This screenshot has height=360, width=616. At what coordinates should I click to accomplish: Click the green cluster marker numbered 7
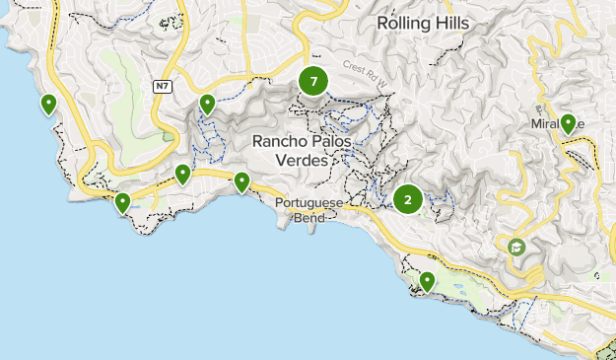313,82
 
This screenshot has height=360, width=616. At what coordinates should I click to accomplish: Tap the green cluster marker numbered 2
408,200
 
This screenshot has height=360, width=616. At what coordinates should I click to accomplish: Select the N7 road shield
163,87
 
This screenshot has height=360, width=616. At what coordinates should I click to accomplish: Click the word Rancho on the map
277,141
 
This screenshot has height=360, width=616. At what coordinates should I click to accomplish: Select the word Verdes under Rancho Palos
303,159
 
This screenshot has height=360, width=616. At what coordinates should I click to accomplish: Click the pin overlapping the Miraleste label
568,123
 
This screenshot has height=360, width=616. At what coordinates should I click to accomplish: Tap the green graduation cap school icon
516,247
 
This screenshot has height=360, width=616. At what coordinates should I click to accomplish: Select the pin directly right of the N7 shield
207,104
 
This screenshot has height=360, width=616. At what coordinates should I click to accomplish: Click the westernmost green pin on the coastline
47,104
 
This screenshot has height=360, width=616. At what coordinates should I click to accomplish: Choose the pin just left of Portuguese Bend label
241,181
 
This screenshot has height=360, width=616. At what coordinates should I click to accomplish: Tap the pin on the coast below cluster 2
427,282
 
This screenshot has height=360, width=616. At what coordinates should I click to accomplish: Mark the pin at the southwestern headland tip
122,203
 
